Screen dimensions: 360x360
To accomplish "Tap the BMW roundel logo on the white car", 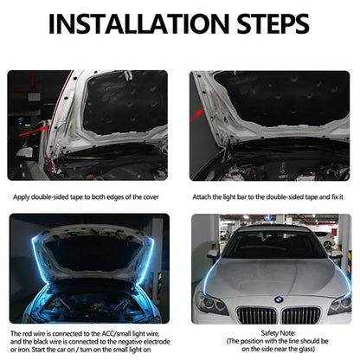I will click(278, 299).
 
